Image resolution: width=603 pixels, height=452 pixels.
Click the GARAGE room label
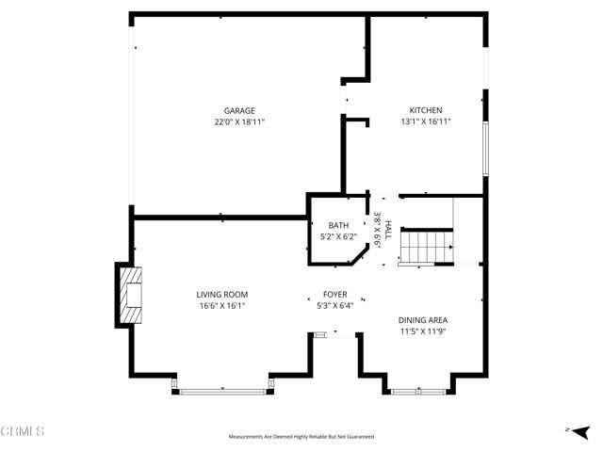point(238,110)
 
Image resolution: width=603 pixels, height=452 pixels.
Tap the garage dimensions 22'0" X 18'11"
point(238,121)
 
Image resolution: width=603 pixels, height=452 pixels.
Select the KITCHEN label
point(425,110)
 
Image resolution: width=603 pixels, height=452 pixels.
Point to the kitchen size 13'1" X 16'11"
point(425,121)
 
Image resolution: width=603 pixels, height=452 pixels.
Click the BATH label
point(338,225)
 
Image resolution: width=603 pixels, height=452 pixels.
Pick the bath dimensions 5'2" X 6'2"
point(338,236)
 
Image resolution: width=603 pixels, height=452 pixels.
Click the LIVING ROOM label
point(221,295)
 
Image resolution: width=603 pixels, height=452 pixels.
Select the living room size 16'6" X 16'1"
point(221,306)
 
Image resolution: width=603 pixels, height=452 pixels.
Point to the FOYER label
point(335,294)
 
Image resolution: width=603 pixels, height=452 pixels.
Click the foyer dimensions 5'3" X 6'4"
point(335,306)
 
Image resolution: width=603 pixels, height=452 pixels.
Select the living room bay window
point(223,387)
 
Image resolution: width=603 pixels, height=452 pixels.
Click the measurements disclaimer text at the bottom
point(301,437)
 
